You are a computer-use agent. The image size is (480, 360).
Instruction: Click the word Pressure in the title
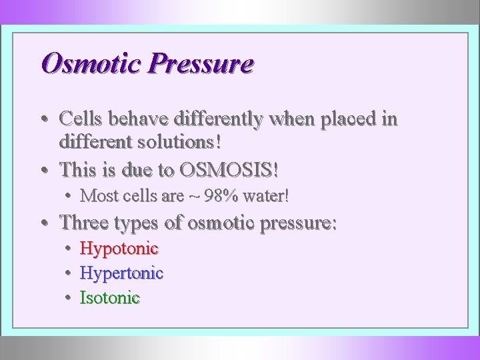(201, 64)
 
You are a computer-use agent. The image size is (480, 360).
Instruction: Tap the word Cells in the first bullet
(81, 119)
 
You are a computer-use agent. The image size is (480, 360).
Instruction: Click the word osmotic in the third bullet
(220, 222)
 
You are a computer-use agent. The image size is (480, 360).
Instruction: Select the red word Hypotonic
(119, 249)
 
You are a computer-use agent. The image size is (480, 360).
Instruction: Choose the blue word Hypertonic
(121, 273)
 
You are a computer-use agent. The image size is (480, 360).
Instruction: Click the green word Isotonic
(110, 297)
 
